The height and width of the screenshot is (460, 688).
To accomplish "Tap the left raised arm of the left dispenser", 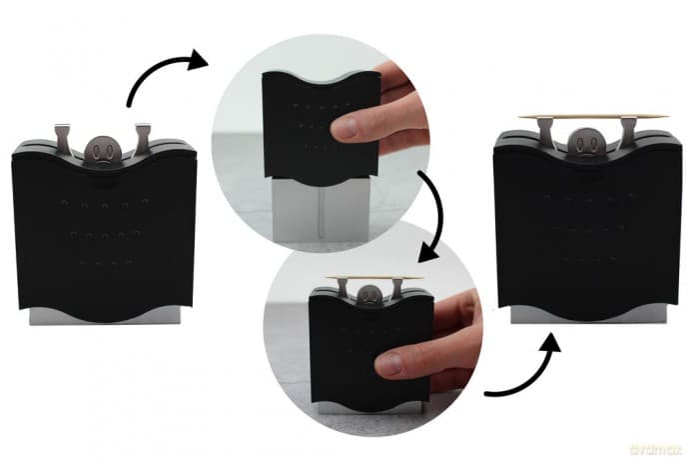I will point(62,138).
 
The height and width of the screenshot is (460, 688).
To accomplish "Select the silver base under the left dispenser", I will point(105,316).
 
